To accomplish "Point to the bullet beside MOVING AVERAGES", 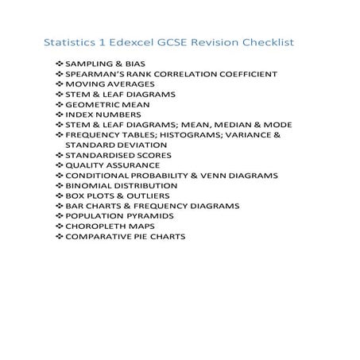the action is coord(60,84).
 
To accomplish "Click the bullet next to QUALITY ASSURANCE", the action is coord(60,165).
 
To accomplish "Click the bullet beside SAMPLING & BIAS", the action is coord(60,64).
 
